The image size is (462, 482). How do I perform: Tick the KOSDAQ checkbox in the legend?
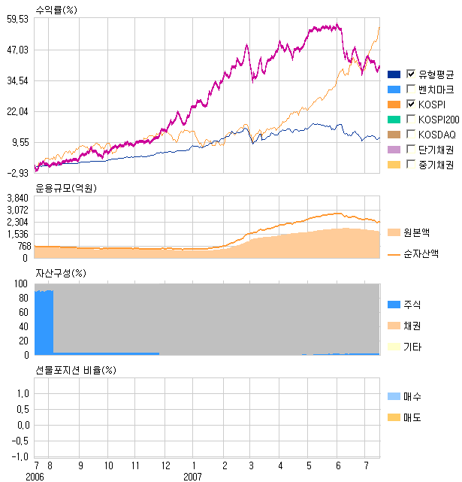(411, 134)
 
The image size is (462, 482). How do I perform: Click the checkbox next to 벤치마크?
(411, 89)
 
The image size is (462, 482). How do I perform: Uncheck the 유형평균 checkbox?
(411, 74)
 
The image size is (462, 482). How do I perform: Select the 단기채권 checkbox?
(411, 149)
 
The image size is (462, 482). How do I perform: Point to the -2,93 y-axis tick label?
(17, 173)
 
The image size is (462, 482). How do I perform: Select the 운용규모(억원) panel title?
(66, 187)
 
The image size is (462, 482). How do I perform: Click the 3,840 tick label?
(17, 198)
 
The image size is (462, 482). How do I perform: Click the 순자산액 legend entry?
(420, 254)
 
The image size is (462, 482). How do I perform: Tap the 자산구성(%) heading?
(61, 272)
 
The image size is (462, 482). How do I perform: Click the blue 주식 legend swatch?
(394, 305)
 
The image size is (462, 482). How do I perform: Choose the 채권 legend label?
(412, 326)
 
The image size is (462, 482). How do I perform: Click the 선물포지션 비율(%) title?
(77, 370)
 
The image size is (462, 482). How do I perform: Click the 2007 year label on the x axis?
(193, 477)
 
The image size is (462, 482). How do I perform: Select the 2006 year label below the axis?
(35, 477)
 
